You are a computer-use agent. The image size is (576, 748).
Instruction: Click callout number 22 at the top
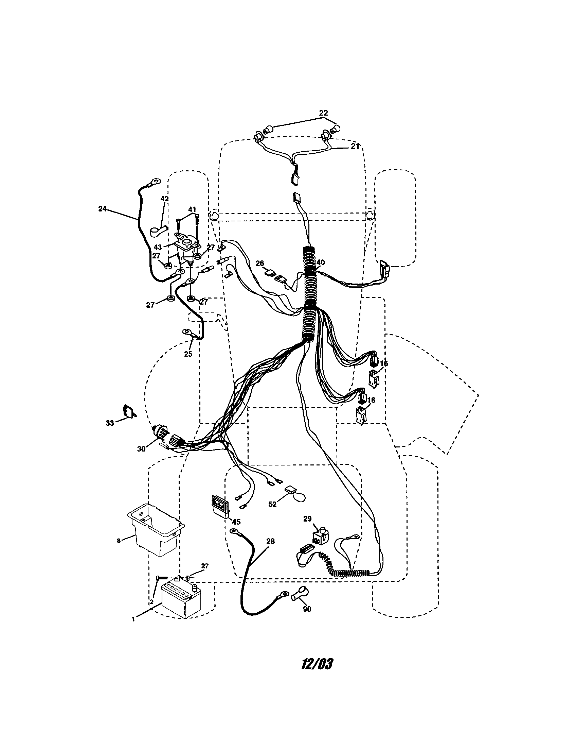323,113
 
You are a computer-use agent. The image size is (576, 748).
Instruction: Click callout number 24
103,208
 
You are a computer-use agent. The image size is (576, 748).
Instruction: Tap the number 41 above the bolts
192,209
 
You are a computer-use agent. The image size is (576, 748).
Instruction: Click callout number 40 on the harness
321,262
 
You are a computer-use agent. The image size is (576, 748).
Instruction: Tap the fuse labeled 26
270,273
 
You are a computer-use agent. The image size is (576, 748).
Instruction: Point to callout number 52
272,514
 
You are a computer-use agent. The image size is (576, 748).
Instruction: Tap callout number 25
188,354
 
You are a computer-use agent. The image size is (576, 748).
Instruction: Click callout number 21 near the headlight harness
355,146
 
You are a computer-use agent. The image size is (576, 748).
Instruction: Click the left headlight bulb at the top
268,130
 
